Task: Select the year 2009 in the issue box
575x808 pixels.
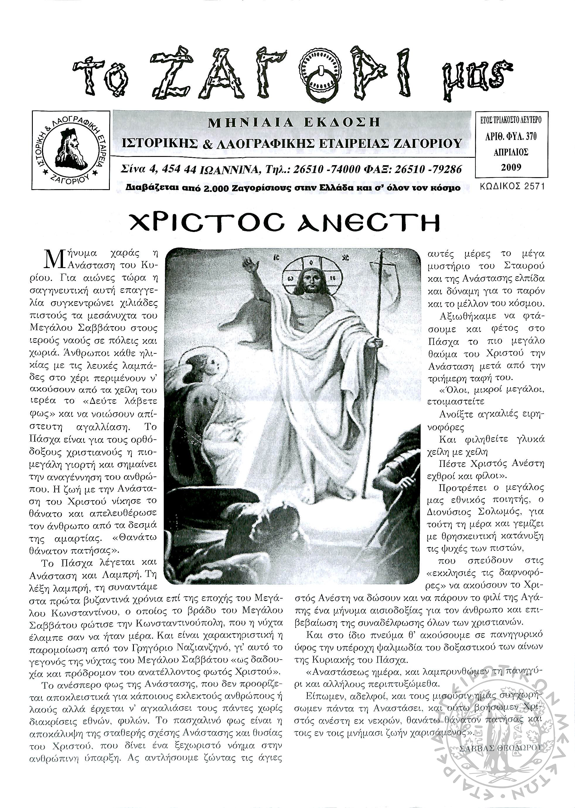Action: (511, 167)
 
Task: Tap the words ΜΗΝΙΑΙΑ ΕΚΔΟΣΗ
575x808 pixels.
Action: (294, 123)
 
